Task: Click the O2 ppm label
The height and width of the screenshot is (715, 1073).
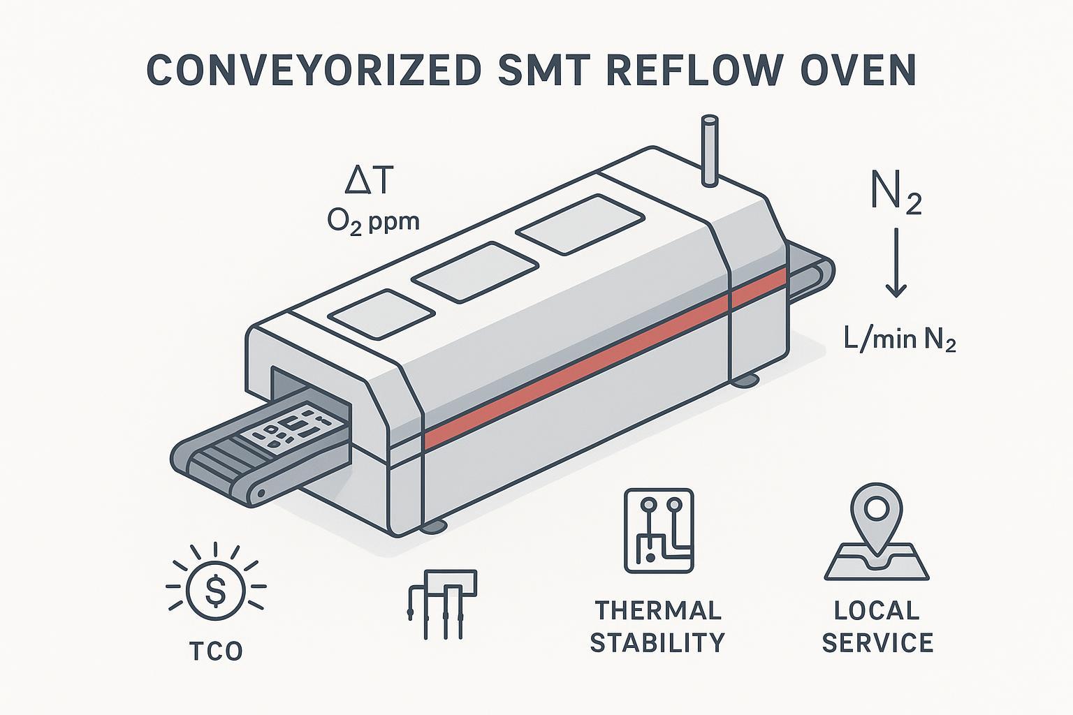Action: pos(373,222)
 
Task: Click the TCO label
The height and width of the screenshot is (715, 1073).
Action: pos(216,651)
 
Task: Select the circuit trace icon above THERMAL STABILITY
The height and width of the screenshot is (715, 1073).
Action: pos(659,530)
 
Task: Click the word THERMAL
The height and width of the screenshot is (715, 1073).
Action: pos(657,610)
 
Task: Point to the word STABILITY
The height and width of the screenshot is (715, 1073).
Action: pos(657,642)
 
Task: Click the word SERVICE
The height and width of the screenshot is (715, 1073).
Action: pos(877,642)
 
